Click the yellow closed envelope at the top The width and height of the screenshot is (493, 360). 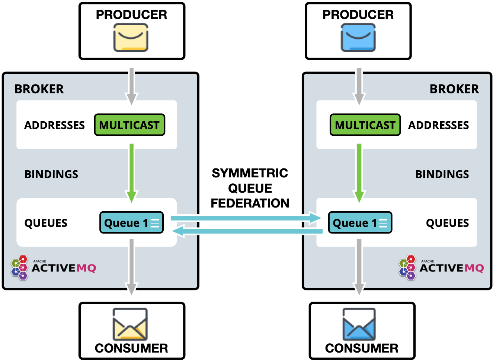click(131, 38)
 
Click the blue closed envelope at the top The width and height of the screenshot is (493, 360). click(358, 38)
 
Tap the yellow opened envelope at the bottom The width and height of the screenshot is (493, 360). click(130, 324)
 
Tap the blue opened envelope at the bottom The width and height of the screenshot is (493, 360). click(359, 324)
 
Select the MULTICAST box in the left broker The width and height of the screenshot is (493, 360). click(129, 125)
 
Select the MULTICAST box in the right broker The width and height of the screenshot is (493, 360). click(365, 125)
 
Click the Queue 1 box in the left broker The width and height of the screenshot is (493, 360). click(131, 223)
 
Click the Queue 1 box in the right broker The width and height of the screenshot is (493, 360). click(360, 223)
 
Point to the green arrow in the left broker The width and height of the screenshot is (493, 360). click(131, 171)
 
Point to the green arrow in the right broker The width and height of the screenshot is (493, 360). click(359, 171)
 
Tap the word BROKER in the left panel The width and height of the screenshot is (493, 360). click(39, 89)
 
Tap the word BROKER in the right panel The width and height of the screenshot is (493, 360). click(454, 89)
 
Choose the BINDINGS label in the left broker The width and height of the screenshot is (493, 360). click(51, 174)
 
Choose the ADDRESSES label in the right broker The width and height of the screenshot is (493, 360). click(438, 125)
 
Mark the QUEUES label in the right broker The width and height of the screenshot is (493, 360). click(447, 223)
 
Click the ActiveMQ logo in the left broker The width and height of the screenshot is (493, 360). click(53, 267)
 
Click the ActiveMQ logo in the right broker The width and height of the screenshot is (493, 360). click(441, 267)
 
